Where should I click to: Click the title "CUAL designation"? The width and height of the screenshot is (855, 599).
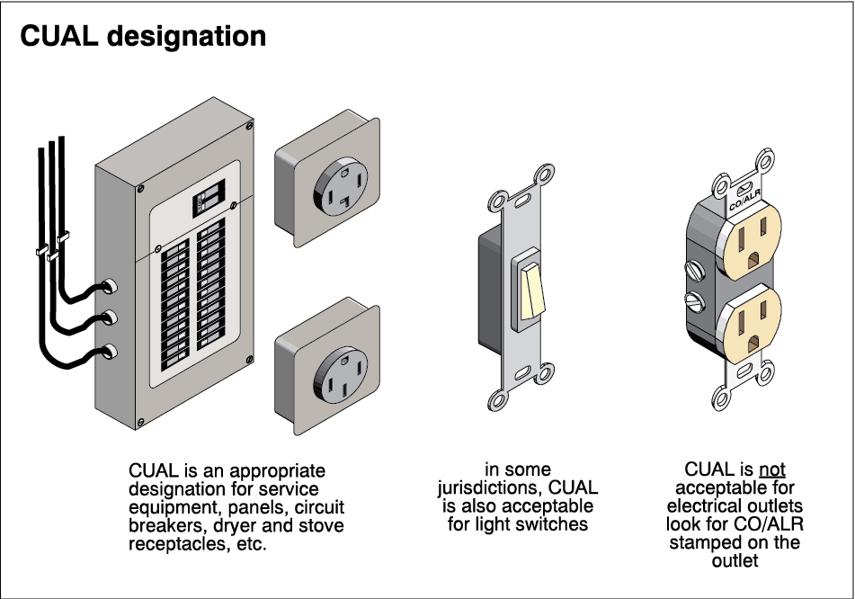[143, 37]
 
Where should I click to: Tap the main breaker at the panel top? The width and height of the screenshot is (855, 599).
[208, 198]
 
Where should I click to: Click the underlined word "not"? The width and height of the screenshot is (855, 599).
[772, 470]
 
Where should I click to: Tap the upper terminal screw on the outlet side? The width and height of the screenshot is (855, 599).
[693, 268]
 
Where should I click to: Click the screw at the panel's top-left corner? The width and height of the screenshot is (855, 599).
[139, 190]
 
